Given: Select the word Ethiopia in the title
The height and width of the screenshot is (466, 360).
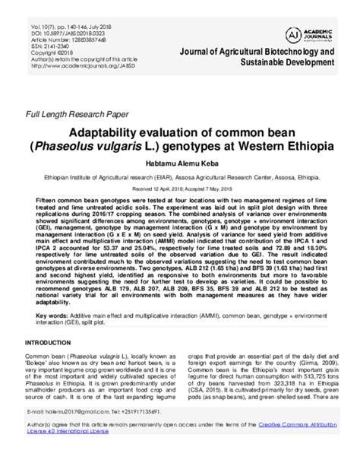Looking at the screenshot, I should click(x=278, y=146).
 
